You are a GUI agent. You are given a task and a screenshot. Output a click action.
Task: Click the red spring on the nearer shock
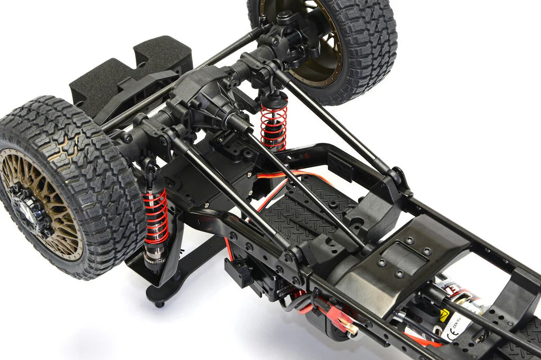(x=156, y=216)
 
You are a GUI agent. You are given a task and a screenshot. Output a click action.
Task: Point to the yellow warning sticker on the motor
(x=444, y=315)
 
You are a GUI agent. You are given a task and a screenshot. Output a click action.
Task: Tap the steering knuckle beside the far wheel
(x=288, y=37)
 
